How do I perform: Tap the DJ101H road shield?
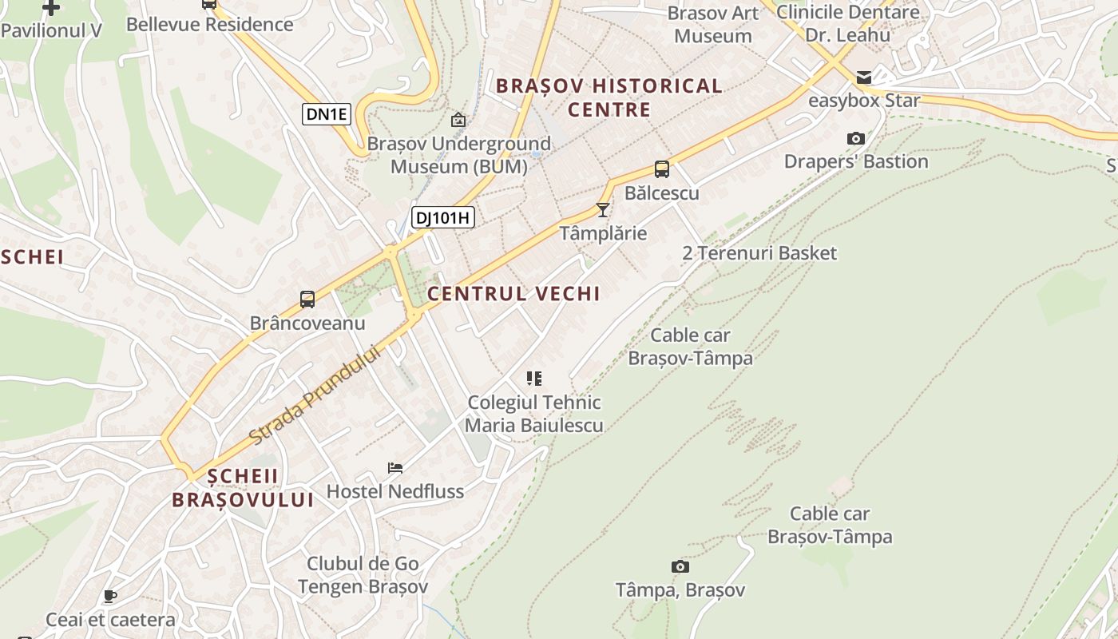443,216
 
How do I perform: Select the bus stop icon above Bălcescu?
662,169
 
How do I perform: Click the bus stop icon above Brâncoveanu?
307,300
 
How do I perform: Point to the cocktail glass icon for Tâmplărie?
603,210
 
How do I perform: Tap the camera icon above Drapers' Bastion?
856,139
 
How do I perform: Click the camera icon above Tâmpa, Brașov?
680,566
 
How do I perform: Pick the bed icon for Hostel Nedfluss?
395,468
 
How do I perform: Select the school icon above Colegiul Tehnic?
534,379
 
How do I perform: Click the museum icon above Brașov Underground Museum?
458,120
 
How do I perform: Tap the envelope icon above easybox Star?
864,77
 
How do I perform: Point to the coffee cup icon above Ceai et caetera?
110,597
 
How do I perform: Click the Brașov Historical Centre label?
609,97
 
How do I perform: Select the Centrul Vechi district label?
513,294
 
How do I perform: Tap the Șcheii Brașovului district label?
243,488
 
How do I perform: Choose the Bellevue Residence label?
210,24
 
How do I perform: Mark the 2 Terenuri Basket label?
759,253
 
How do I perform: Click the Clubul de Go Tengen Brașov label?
363,575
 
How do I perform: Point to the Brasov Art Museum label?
713,24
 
